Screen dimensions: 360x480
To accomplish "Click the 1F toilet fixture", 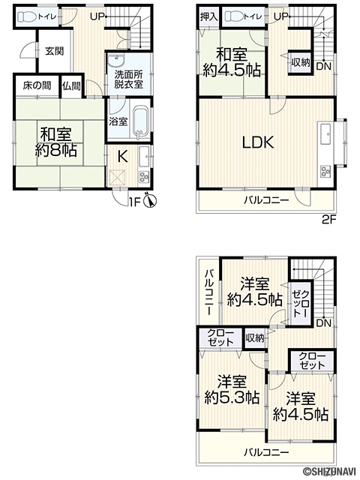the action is pyautogui.click(x=27, y=16).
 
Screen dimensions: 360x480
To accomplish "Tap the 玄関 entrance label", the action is pyautogui.click(x=55, y=51).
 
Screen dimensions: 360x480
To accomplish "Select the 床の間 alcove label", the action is pyautogui.click(x=37, y=85).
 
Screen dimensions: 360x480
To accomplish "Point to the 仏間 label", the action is pyautogui.click(x=71, y=86).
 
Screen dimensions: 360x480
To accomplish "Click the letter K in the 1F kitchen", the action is pyautogui.click(x=123, y=157).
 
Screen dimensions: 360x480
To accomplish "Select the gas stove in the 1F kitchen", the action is pyautogui.click(x=143, y=177).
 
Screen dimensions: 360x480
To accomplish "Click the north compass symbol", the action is pyautogui.click(x=150, y=200).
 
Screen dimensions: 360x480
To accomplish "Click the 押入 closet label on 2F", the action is pyautogui.click(x=209, y=16).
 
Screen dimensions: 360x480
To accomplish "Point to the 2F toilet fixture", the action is pyautogui.click(x=234, y=16).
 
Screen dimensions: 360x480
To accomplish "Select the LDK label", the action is pyautogui.click(x=258, y=142).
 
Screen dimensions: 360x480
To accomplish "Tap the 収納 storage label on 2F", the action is pyautogui.click(x=300, y=63).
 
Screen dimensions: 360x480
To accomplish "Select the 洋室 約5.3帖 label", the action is pyautogui.click(x=232, y=390).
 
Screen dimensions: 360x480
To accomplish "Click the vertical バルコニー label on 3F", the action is pyautogui.click(x=209, y=292).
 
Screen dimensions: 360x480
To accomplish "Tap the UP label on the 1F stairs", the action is pyautogui.click(x=97, y=16).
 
